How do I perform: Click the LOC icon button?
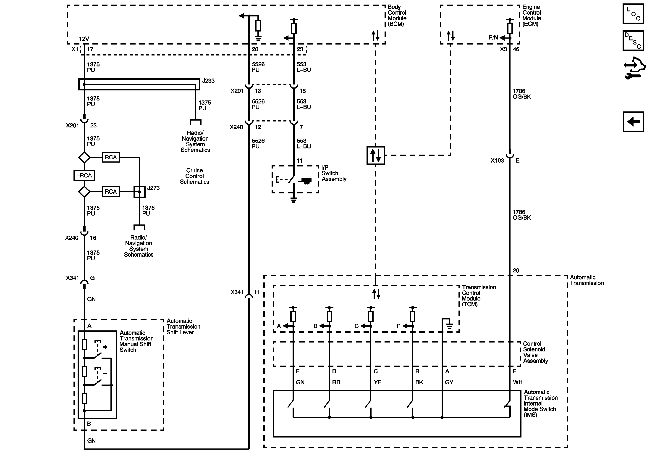click(633, 13)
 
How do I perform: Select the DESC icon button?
click(633, 40)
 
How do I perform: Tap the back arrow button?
click(633, 121)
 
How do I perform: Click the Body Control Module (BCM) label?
click(397, 16)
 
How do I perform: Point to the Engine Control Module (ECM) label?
click(532, 16)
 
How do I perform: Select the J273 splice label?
click(153, 188)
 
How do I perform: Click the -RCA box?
click(84, 175)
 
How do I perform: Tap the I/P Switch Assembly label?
click(334, 173)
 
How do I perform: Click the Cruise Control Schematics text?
click(194, 176)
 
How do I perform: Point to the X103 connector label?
click(497, 161)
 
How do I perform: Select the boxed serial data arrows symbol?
click(375, 155)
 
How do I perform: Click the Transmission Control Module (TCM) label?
click(479, 295)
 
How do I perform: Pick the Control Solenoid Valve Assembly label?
click(535, 352)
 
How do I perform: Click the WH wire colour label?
click(517, 382)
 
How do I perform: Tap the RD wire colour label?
click(336, 382)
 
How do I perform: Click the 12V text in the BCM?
click(84, 39)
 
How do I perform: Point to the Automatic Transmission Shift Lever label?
click(183, 327)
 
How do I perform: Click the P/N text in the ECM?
click(493, 37)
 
